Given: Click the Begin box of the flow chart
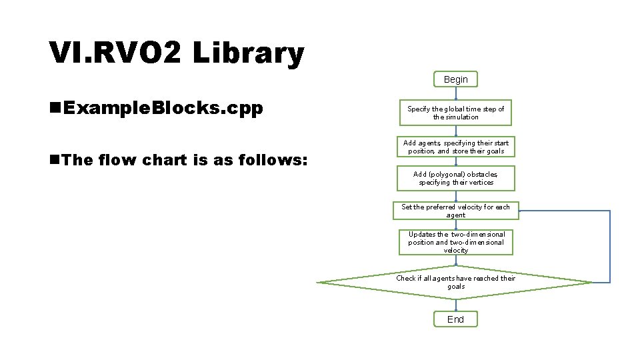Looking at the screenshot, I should click(x=455, y=79).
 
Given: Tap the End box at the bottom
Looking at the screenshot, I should click(x=455, y=319).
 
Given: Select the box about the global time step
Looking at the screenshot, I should click(x=455, y=113).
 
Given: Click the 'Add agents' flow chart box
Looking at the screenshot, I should click(x=455, y=147).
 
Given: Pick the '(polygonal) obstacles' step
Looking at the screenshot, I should click(x=455, y=178).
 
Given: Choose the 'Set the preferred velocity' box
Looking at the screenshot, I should click(x=455, y=211).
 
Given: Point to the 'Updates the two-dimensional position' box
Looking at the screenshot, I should click(x=456, y=242).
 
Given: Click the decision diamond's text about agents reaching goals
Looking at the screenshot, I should click(x=456, y=282).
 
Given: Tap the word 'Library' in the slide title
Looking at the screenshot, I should click(x=247, y=53).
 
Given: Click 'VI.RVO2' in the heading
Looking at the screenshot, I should click(x=114, y=53).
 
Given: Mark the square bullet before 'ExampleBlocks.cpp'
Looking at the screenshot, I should click(x=55, y=109).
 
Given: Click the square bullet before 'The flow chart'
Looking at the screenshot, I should click(x=55, y=160).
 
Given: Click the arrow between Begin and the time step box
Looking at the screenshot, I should click(x=455, y=93).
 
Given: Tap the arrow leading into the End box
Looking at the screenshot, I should click(x=455, y=305).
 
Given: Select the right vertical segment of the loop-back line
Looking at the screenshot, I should click(x=609, y=247).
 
